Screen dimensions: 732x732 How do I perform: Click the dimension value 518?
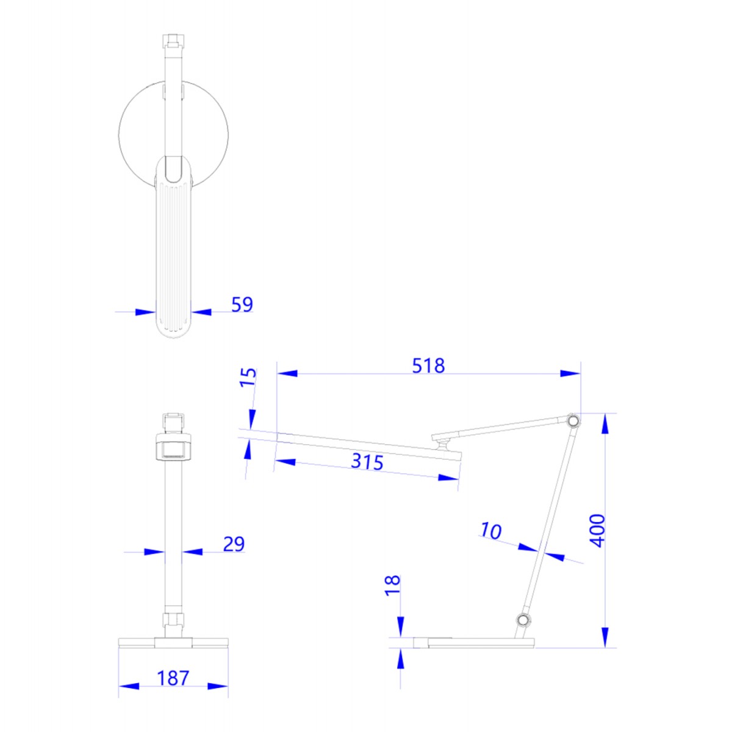click(x=428, y=365)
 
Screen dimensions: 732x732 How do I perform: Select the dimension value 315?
click(x=367, y=461)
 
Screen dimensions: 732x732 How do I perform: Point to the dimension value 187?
click(x=173, y=678)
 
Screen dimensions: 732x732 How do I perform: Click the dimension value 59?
click(x=242, y=304)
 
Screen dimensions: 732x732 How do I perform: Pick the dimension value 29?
click(x=233, y=544)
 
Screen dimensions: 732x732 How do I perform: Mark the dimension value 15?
click(x=248, y=377)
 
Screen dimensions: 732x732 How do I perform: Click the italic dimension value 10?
click(x=490, y=531)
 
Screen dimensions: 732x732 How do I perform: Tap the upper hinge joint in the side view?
click(x=573, y=421)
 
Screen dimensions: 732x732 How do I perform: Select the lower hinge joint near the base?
click(x=522, y=620)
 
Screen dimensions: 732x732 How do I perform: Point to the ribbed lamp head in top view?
click(x=174, y=256)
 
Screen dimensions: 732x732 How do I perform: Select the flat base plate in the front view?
click(x=173, y=642)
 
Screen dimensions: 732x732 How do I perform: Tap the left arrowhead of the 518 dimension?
click(x=287, y=373)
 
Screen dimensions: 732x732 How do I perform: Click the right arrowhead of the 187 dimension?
click(x=218, y=686)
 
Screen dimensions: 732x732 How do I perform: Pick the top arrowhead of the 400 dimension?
click(x=605, y=423)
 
